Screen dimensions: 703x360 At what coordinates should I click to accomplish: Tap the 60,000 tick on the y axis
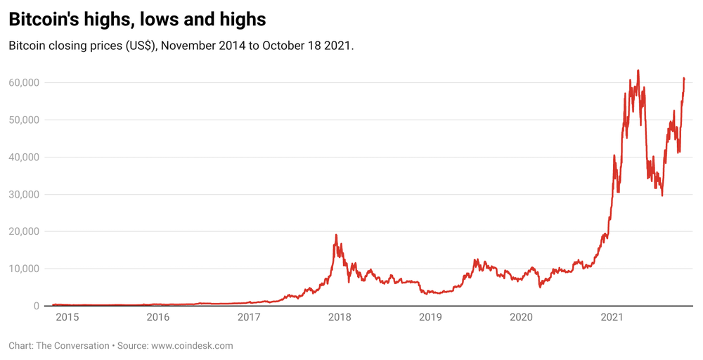pos(24,82)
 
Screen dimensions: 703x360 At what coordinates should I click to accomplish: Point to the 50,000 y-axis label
pos(24,120)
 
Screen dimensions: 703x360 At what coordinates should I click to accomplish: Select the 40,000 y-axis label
pos(24,157)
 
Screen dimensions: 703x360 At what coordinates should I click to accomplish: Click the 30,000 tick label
pos(24,194)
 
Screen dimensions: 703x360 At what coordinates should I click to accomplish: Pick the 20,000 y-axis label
pos(24,231)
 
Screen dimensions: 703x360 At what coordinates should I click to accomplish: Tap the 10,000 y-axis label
pos(24,269)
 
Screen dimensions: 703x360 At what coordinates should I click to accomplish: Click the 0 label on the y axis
pos(37,306)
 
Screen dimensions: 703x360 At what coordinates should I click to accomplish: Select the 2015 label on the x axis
pos(67,317)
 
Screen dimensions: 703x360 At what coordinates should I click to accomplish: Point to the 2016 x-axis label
pos(158,317)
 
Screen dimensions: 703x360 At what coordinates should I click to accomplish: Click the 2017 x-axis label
pos(249,317)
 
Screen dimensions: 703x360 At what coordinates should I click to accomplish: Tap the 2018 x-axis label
pos(340,317)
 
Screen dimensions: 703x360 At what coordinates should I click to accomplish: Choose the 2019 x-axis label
pos(430,317)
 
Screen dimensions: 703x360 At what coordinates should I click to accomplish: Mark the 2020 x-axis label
pos(522,317)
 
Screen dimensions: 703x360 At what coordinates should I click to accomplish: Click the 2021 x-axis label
pos(612,317)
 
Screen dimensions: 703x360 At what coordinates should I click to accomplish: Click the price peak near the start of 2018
pos(336,234)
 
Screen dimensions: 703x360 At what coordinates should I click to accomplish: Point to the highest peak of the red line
pos(638,70)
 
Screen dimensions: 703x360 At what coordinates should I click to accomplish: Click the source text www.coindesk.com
pos(193,346)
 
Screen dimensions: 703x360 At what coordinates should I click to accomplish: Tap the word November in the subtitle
pos(188,46)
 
